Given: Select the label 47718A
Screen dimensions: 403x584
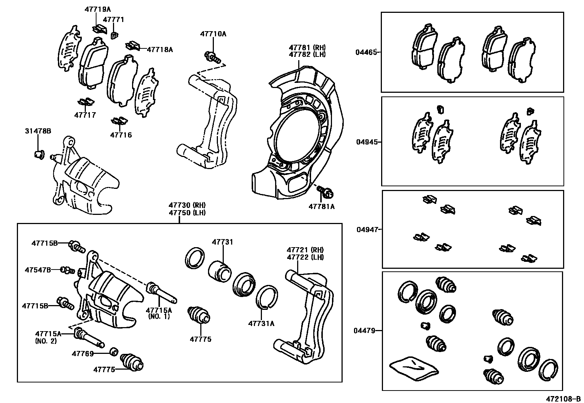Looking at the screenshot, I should (160, 49).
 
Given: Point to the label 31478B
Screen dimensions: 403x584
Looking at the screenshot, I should (38, 131).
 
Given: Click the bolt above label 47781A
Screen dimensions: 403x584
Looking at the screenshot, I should (325, 191).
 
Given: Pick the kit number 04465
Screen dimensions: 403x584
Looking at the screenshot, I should (366, 52).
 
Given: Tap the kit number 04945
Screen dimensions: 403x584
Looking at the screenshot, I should (366, 142).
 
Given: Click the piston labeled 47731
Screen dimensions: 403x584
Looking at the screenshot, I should (220, 272).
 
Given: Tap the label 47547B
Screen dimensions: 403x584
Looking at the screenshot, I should (38, 270).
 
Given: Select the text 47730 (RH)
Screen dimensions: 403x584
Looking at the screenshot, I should (187, 205).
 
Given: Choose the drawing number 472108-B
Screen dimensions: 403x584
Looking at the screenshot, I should (563, 398).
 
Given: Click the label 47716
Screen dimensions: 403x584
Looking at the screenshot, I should (121, 135).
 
